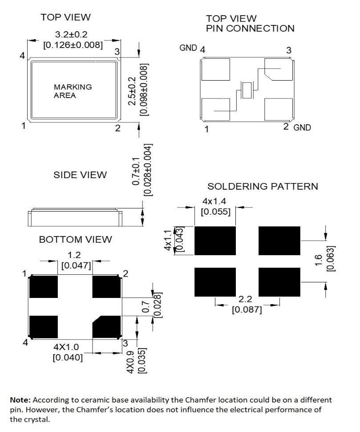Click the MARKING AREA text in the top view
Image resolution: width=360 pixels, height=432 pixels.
point(73,91)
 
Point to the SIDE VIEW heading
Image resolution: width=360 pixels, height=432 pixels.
point(80,175)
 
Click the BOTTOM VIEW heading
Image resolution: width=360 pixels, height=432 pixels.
point(75,240)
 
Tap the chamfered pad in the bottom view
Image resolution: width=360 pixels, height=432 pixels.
point(106,327)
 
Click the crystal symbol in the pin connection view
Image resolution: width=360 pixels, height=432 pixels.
point(246,90)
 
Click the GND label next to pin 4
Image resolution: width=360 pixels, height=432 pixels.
point(188,48)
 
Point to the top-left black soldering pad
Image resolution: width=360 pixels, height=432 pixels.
point(215,240)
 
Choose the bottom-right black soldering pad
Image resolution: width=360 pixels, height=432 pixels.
point(279,282)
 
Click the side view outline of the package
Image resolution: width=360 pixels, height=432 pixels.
point(75,217)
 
